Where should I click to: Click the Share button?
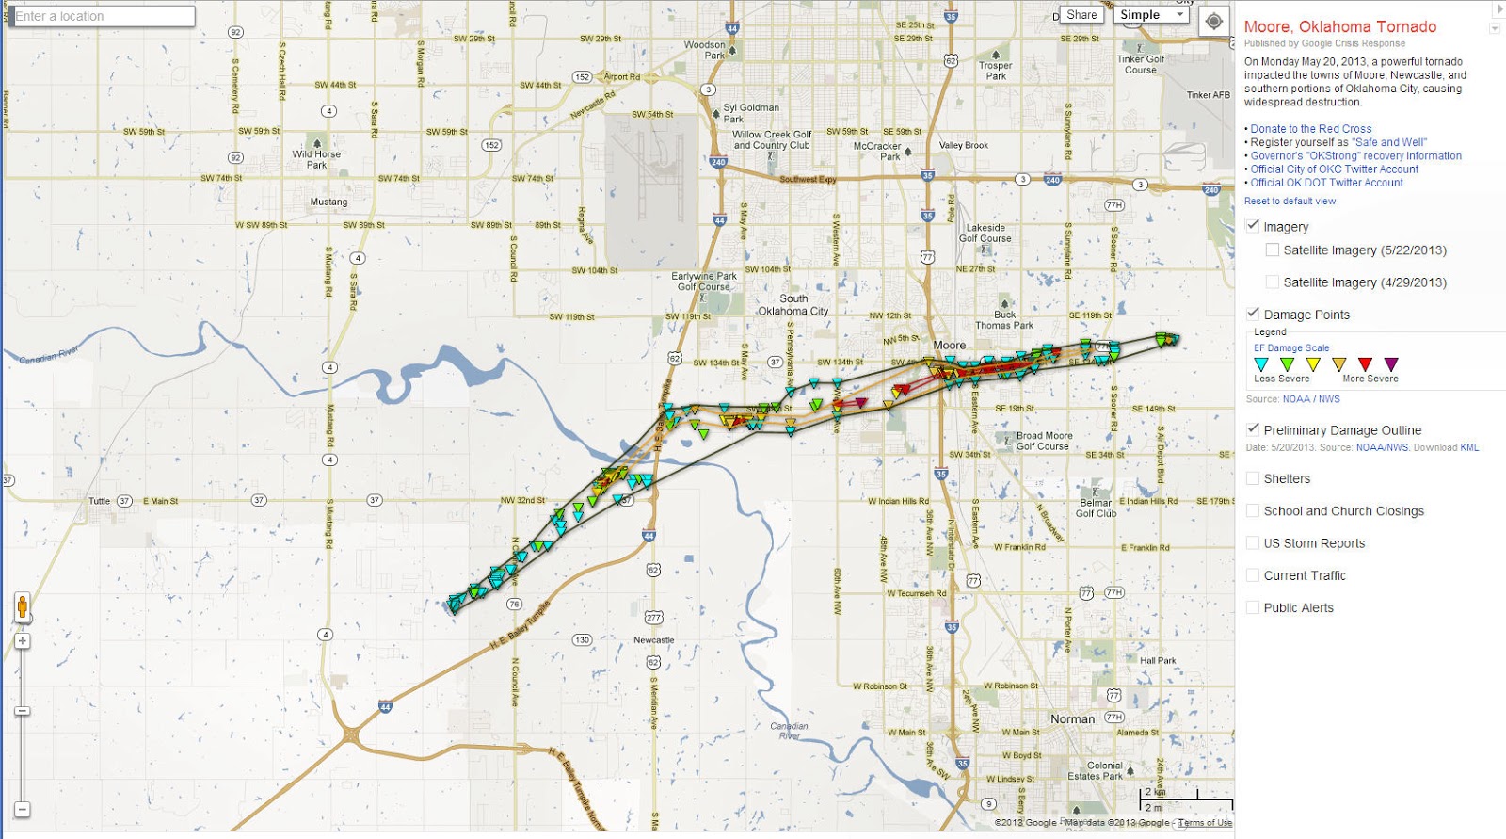[1081, 15]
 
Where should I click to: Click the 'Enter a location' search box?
[101, 16]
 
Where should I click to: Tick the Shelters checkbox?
[1253, 478]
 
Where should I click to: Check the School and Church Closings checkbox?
[1253, 510]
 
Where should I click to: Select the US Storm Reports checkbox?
[1253, 542]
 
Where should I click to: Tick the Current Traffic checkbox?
[1253, 574]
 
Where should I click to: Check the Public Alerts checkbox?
[1253, 607]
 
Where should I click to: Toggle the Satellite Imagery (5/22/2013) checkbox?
[1273, 250]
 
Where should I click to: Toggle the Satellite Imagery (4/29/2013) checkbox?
[1273, 282]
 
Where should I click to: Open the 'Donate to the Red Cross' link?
[1310, 129]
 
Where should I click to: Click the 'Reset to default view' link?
[1290, 201]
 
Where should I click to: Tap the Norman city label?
[1072, 718]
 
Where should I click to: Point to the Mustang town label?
[328, 202]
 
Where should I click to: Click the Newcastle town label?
[653, 640]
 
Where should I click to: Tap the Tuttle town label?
[99, 501]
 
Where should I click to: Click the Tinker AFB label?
[1208, 95]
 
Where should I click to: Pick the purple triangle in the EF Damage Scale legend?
[1391, 363]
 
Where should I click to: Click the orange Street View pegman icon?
[22, 607]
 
